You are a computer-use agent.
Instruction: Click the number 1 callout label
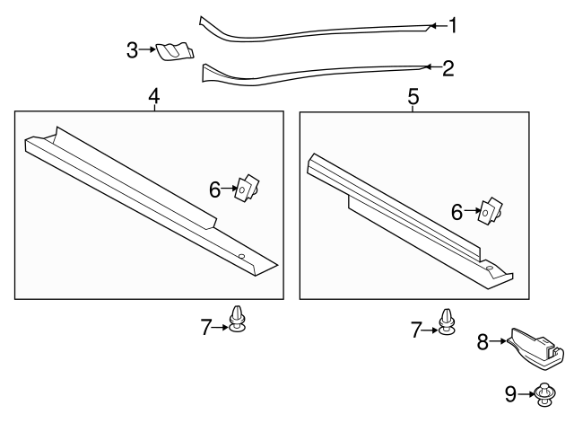click(x=453, y=25)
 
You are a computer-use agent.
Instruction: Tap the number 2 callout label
click(x=448, y=66)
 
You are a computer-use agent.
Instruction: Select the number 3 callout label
click(x=132, y=50)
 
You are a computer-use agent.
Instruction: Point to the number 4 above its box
click(x=154, y=94)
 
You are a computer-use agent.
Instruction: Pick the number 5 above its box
click(x=413, y=96)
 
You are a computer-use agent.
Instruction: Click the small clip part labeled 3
click(x=173, y=52)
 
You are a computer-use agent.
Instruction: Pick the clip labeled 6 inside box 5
click(x=489, y=212)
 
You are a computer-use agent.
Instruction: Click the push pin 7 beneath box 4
click(x=237, y=319)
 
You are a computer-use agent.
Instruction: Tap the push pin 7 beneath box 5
click(x=446, y=322)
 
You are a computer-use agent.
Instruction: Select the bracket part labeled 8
click(x=535, y=348)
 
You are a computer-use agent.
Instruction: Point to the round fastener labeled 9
click(x=544, y=392)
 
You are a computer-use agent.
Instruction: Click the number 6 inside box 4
click(x=214, y=189)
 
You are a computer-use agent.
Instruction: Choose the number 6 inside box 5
click(x=457, y=212)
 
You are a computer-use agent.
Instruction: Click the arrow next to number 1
click(x=437, y=26)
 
